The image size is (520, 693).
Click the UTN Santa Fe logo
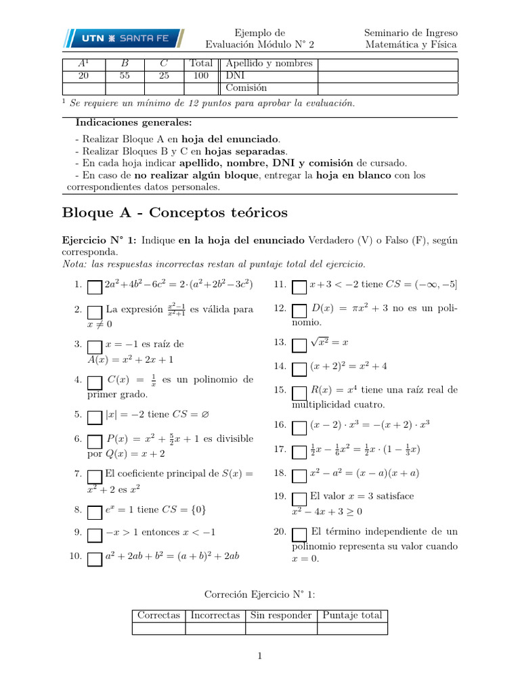[x=124, y=39]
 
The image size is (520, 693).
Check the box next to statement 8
[x=95, y=510]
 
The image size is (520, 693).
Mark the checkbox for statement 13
[x=299, y=344]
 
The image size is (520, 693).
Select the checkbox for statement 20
[x=299, y=534]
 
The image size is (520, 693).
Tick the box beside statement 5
[x=95, y=416]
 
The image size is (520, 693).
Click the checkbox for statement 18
[x=299, y=475]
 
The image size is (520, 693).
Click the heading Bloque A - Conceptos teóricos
[x=175, y=213]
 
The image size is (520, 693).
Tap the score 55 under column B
[x=125, y=76]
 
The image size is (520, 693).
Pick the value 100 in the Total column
[x=201, y=76]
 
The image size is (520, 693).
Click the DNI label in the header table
[x=234, y=76]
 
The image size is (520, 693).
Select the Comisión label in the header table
[x=246, y=88]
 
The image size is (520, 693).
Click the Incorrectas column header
[x=215, y=615]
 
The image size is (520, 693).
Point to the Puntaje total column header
[x=352, y=615]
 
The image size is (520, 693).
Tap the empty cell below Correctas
[x=158, y=628]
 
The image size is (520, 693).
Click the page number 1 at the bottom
[x=259, y=655]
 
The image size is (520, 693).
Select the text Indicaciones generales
[x=133, y=123]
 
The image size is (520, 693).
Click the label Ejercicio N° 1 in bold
[x=100, y=240]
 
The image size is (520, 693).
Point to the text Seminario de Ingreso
[x=410, y=32]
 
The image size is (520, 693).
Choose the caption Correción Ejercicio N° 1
[x=259, y=594]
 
